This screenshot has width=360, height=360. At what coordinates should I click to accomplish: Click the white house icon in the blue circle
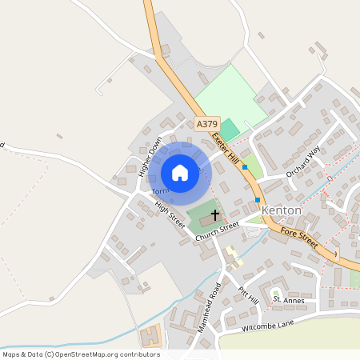tap(180, 172)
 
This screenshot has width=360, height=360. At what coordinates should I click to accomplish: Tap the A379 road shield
tap(206, 124)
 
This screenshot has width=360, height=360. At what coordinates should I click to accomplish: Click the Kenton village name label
tap(282, 210)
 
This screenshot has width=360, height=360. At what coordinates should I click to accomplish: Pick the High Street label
tap(170, 215)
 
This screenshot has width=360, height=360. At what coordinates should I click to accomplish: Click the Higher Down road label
tap(150, 154)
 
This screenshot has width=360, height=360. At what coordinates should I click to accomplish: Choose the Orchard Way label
tap(303, 162)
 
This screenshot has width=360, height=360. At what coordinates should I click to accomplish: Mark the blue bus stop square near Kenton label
tap(258, 199)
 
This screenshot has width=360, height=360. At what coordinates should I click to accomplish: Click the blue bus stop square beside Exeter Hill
tap(245, 167)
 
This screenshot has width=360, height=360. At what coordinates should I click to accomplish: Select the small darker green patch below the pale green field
tap(230, 129)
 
